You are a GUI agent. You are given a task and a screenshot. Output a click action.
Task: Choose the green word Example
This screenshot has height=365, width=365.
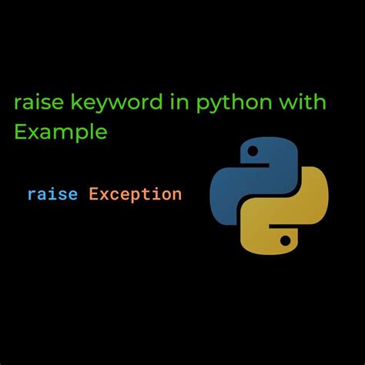coord(60,131)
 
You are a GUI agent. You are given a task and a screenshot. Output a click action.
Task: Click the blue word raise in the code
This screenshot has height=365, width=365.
coord(52,194)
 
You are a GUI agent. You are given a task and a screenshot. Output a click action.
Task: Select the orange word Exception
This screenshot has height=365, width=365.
coord(136,194)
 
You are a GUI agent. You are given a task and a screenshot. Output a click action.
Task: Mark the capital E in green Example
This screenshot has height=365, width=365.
coord(21,131)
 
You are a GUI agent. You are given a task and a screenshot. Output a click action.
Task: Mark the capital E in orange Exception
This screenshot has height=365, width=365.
coord(93,194)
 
